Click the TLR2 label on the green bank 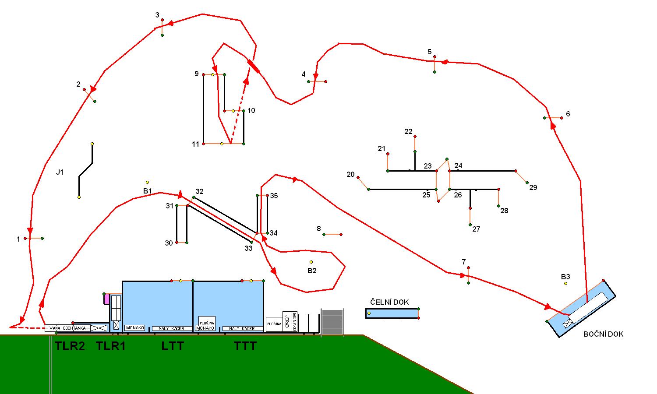pos(70,346)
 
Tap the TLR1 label pos(111,346)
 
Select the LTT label pos(173,346)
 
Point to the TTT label pos(245,346)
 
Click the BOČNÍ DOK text pos(603,334)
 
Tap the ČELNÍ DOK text pos(389,302)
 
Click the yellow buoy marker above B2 pos(311,262)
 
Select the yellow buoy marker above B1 pos(147,182)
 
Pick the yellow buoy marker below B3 pos(565,284)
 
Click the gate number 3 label pos(157,15)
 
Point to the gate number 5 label pos(430,52)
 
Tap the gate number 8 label pos(319,229)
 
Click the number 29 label pos(533,187)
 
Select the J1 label pos(60,172)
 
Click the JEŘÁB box pos(287,322)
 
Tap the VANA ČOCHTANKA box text pos(67,328)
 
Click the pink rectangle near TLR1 pos(106,299)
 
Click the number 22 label pos(409,131)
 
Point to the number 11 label pos(195,144)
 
